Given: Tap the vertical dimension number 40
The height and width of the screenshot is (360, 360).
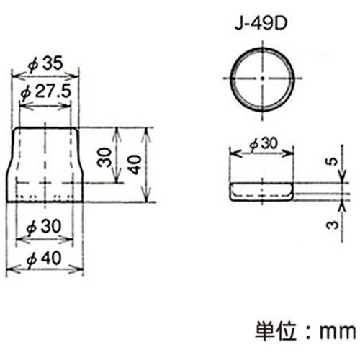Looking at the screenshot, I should click(x=133, y=165).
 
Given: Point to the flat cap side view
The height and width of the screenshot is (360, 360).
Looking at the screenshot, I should click(x=261, y=192).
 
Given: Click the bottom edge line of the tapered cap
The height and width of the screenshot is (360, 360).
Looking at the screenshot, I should click(x=45, y=202).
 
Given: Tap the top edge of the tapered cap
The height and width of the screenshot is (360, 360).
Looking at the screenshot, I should click(x=45, y=127).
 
